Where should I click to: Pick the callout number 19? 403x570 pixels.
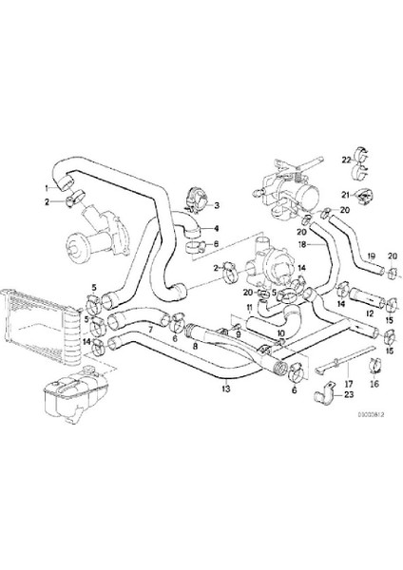[x=372, y=256]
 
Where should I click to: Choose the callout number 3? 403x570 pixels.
[x=216, y=204]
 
